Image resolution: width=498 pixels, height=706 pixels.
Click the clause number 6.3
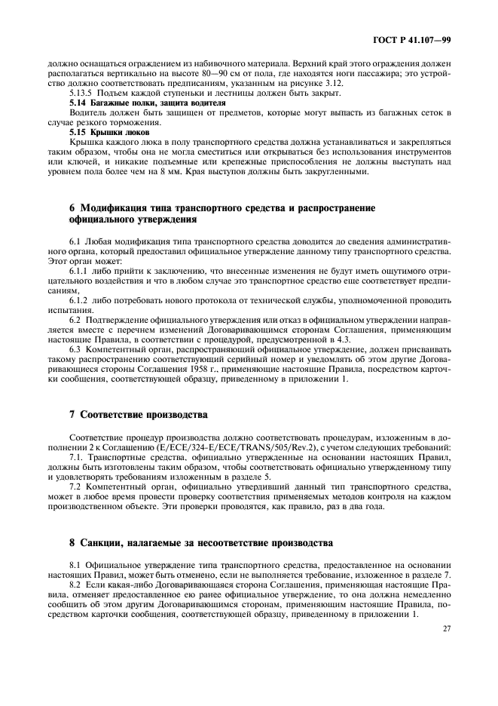[76, 349]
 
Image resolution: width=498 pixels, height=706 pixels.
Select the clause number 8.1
[76, 564]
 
